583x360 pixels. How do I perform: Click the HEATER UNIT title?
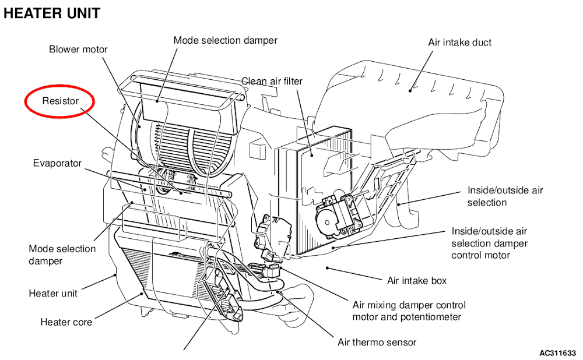52,13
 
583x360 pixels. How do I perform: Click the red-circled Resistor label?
60,101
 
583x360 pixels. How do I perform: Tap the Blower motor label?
78,49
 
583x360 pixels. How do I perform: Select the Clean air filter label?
272,81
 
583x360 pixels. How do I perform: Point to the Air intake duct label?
459,43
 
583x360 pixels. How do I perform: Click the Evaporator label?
57,163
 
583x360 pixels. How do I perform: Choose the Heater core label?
66,322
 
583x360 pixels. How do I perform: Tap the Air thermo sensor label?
377,342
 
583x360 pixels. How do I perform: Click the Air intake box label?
417,281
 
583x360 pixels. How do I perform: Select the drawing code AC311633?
557,352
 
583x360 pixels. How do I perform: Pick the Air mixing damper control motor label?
409,311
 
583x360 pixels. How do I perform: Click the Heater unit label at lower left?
53,293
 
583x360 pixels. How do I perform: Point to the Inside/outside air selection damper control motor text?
489,243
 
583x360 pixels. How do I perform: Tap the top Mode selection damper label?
225,40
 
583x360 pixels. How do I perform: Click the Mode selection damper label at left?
62,255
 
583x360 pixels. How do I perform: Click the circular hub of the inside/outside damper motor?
327,223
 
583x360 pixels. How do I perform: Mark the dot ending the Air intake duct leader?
410,90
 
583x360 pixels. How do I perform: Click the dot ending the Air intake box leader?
327,267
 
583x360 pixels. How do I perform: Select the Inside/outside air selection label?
505,196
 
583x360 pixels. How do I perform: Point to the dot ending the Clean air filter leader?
311,156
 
